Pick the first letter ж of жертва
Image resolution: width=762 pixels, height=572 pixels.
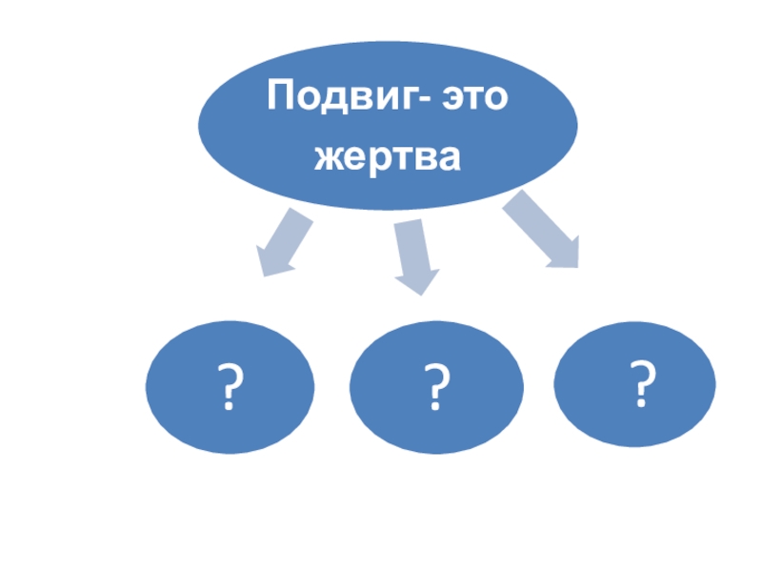point(327,157)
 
